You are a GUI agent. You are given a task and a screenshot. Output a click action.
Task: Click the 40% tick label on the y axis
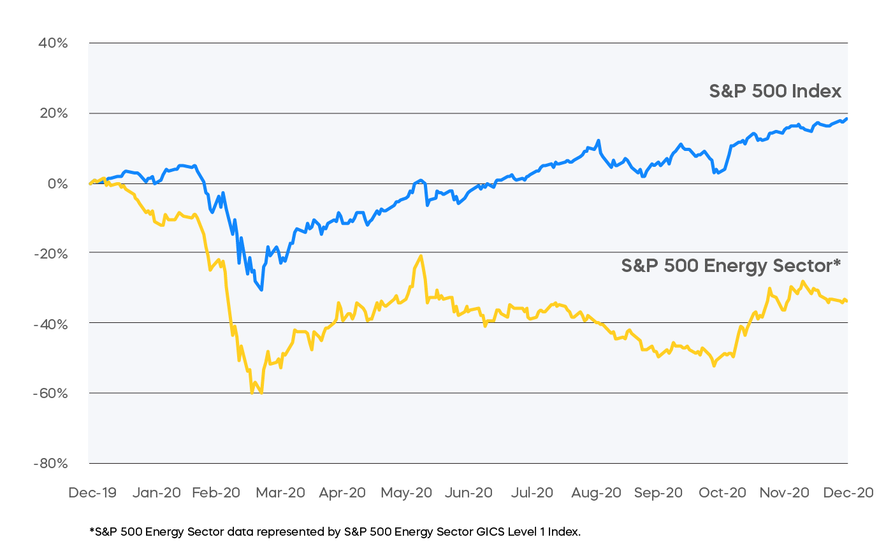(54, 43)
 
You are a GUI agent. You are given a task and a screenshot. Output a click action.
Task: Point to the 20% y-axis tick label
(54, 113)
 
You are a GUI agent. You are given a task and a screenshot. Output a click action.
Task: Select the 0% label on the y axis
(57, 183)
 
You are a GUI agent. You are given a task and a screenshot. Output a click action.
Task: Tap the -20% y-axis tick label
(51, 254)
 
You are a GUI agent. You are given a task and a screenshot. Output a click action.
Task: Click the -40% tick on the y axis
(51, 324)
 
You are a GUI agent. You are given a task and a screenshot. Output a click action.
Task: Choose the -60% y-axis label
(51, 393)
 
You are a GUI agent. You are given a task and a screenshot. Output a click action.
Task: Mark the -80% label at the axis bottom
(51, 463)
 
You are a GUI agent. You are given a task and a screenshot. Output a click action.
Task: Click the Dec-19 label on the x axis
(92, 492)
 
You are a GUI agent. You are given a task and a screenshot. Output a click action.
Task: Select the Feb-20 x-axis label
(216, 492)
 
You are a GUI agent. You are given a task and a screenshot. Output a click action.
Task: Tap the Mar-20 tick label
(280, 492)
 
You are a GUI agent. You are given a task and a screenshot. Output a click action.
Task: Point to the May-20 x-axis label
(406, 492)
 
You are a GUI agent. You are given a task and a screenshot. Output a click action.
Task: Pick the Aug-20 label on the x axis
(596, 492)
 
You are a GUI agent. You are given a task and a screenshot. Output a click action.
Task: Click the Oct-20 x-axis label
(722, 492)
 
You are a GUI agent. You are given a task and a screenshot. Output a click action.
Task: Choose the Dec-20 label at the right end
(848, 492)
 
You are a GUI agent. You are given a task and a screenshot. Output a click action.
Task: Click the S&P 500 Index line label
(775, 91)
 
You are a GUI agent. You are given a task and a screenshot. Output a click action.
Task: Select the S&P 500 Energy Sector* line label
(730, 265)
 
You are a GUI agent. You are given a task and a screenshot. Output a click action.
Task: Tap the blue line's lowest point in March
(261, 290)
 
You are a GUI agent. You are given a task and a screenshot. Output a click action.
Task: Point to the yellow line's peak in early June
(421, 256)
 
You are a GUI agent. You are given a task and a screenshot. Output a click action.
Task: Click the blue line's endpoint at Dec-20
(846, 118)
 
